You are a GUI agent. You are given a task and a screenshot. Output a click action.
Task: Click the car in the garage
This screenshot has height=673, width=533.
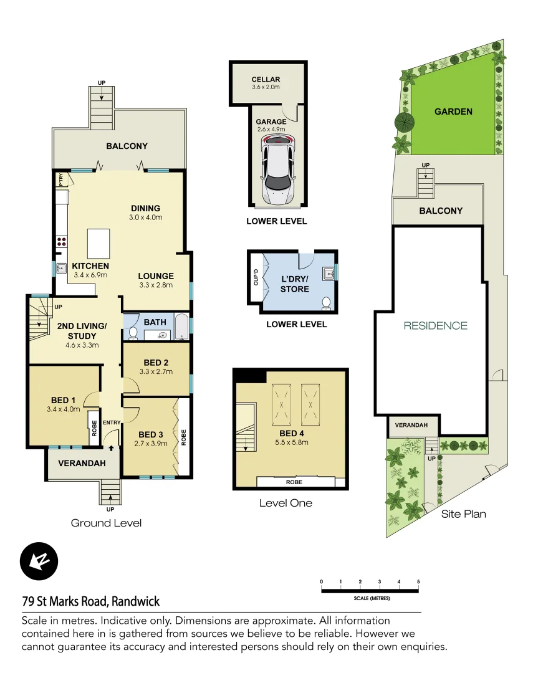coord(279,169)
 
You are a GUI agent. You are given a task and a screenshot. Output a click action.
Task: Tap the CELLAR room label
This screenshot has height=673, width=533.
coord(266,79)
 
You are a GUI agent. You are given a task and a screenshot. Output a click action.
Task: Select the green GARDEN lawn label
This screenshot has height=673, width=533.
coord(453,112)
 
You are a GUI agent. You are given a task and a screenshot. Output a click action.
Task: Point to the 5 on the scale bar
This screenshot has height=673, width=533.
coord(418,582)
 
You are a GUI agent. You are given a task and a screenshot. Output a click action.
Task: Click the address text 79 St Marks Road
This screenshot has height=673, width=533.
coord(91,601)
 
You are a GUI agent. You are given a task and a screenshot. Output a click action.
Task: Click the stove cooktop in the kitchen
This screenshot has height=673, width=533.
coord(62,241)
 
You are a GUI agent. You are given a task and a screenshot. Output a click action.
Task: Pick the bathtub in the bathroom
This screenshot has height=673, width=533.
coord(181,328)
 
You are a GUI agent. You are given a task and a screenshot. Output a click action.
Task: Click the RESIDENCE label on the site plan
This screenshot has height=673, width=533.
coord(435,325)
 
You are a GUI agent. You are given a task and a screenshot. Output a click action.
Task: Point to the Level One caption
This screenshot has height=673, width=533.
coord(286,503)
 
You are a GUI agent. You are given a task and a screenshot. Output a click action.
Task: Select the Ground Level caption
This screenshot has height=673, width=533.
coord(106,523)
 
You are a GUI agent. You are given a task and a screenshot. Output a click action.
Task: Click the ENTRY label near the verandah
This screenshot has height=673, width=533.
coord(112,423)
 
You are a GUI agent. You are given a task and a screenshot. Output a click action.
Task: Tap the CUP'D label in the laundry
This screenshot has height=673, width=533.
coord(256,277)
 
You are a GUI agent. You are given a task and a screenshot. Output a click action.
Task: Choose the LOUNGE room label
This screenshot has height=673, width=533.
coord(156,276)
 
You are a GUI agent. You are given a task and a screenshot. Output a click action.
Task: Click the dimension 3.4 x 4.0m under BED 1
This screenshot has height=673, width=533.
coord(64,409)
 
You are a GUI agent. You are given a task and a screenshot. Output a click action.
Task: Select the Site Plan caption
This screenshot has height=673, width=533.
coord(463,514)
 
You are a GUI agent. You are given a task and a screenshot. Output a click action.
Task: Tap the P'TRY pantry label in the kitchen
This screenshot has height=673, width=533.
coord(61,179)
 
